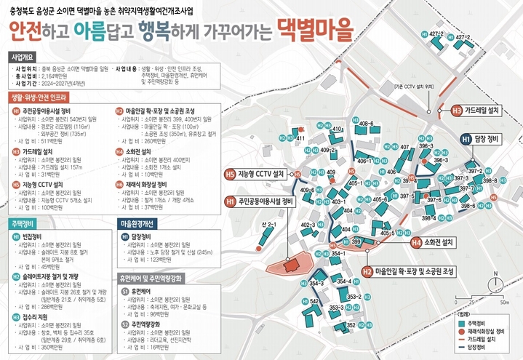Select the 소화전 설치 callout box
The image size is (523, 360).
(437, 241)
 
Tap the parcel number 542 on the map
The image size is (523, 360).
(314, 300)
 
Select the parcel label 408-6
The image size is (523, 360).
(367, 124)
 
